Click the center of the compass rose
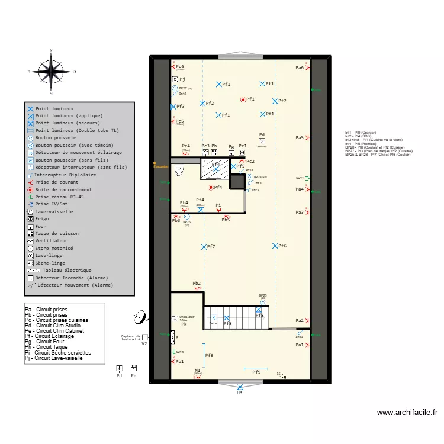coord(51,71)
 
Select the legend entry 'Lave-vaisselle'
coord(54,211)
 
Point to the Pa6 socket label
coord(300,68)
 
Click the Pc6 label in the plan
coord(179,67)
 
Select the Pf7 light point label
coord(211,246)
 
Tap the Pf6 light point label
coord(282,246)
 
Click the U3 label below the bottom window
coord(240,392)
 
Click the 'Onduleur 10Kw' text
coord(186,318)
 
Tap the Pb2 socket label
coord(197,284)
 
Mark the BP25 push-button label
coord(262,295)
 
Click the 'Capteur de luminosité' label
coord(130,338)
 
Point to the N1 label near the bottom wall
coord(197,371)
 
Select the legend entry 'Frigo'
coord(43,218)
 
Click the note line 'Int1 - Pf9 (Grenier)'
coord(361,133)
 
